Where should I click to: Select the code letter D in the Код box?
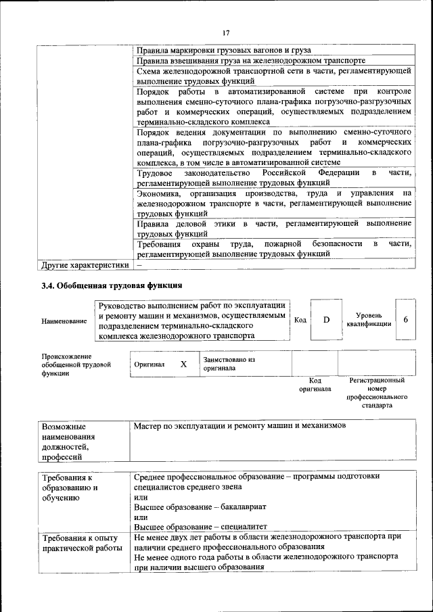coord(325,319)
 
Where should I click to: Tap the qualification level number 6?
coord(405,319)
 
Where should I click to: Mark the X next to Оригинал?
coord(183,364)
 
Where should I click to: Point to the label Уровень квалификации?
coord(369,319)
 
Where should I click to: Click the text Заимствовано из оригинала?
coord(229,364)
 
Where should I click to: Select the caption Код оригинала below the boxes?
coord(315,385)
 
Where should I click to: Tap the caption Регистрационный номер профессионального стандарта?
coord(377,394)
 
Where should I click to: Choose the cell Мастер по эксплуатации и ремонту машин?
coord(240,426)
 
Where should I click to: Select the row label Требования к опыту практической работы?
coord(82,542)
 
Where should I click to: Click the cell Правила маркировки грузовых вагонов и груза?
coord(223,50)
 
